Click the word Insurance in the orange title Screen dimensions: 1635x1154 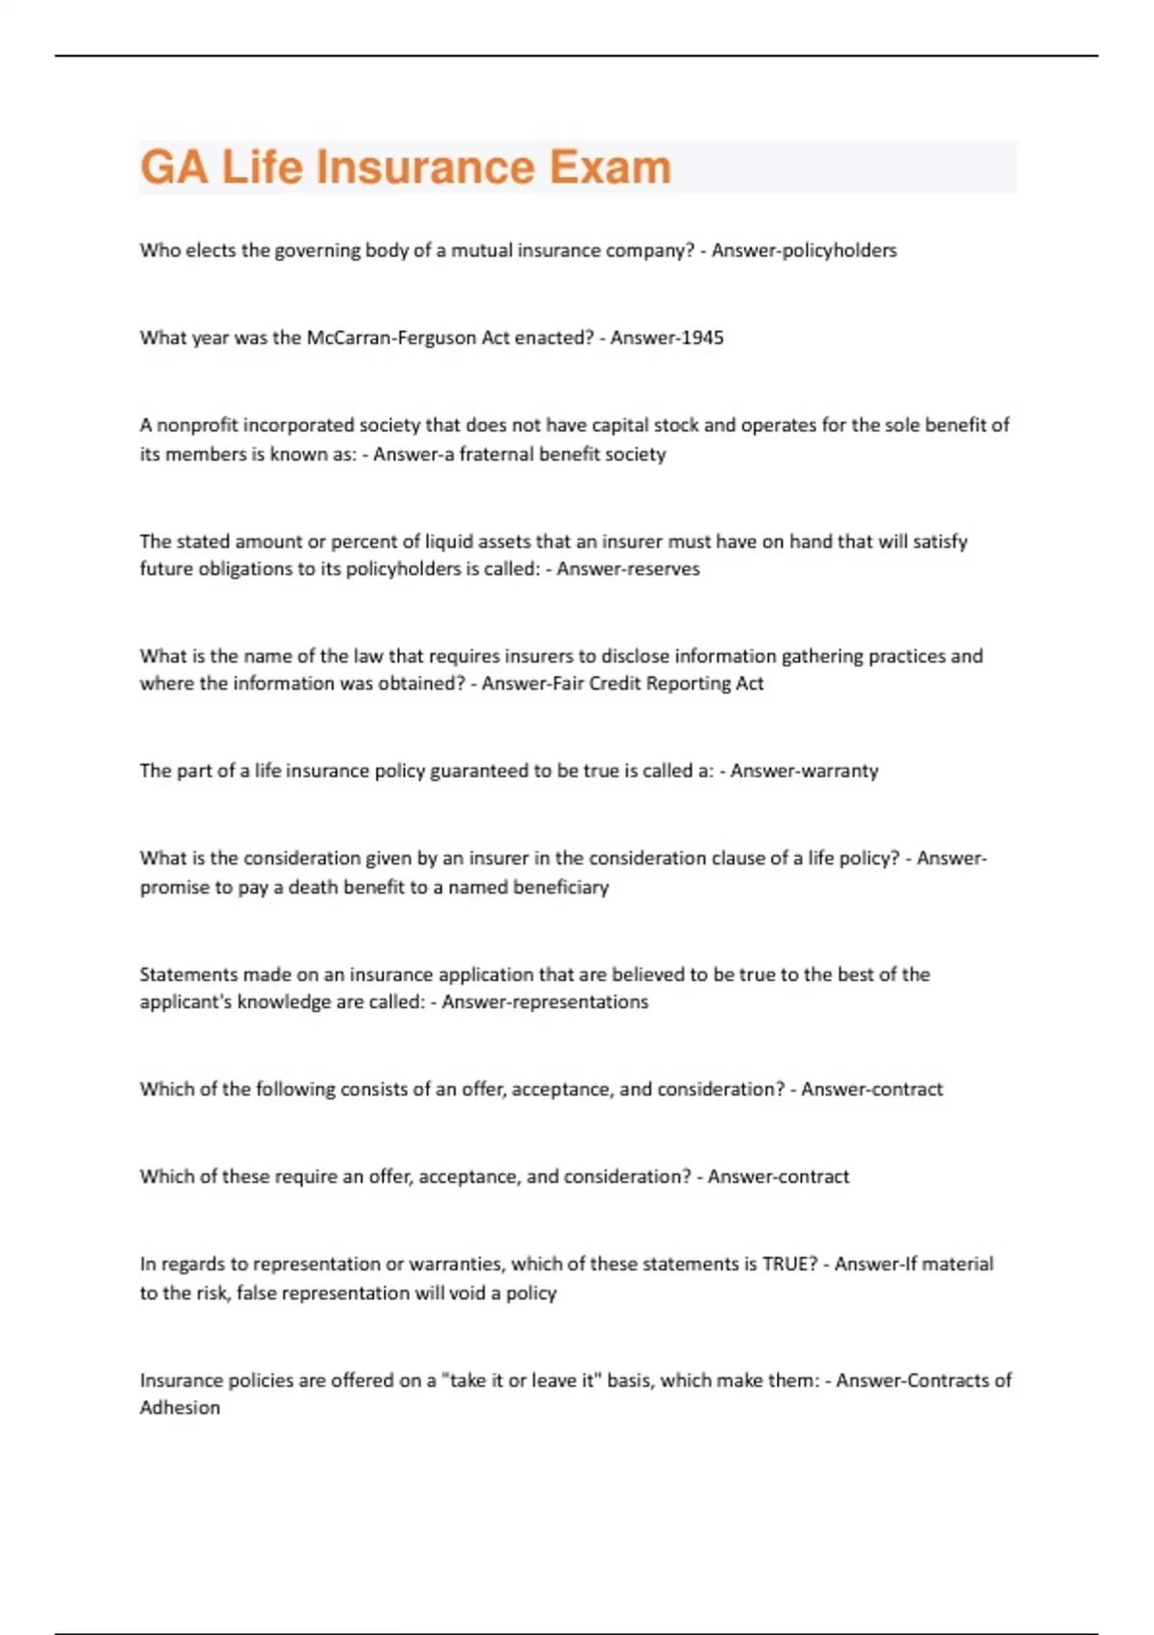pos(426,166)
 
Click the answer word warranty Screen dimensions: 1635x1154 pos(841,770)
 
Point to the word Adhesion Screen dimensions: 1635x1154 pos(180,1407)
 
